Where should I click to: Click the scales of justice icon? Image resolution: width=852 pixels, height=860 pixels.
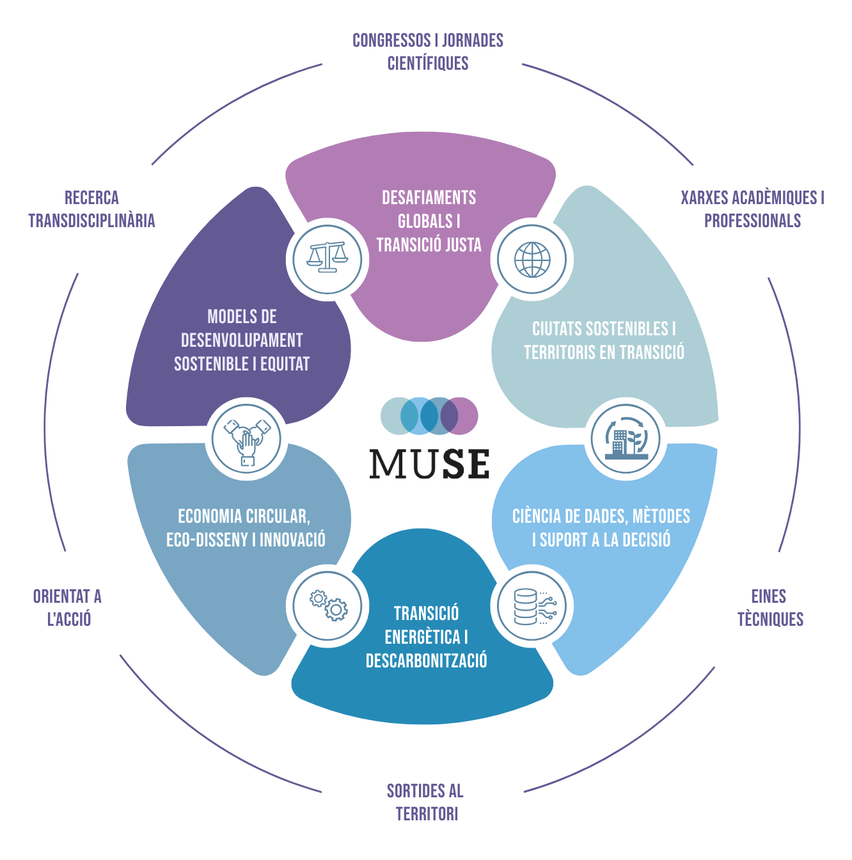click(327, 259)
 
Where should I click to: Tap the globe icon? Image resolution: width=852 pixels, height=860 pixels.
click(532, 259)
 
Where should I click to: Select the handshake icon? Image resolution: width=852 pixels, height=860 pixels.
click(246, 439)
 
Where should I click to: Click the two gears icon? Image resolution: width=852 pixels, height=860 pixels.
click(327, 606)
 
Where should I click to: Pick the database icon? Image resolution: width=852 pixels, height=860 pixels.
click(532, 607)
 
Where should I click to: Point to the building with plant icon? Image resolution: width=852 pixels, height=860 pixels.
click(626, 439)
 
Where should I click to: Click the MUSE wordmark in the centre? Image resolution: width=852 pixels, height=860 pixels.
click(430, 464)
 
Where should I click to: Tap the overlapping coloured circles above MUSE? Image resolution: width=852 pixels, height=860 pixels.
click(429, 416)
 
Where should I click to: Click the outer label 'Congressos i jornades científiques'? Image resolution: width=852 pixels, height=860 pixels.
click(428, 52)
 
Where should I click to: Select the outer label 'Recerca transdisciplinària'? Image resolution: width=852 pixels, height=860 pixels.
click(91, 209)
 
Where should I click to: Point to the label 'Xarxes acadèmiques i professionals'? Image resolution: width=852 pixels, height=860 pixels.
click(752, 209)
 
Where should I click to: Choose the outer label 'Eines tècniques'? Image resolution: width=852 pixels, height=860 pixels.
click(769, 608)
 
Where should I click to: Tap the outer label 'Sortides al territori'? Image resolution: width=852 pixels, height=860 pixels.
click(425, 802)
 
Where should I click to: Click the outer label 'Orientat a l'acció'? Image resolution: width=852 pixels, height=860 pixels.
click(68, 608)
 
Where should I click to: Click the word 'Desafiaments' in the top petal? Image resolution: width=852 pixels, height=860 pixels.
click(429, 198)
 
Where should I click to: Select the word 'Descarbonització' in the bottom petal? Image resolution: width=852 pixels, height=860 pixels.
click(427, 660)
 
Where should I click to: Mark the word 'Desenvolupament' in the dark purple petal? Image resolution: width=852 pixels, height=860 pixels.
click(242, 340)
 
